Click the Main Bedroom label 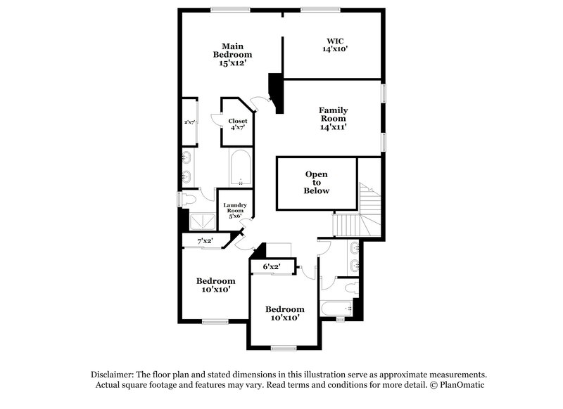click(x=233, y=54)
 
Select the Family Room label click(x=333, y=118)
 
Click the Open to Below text click(x=317, y=183)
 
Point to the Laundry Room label click(x=234, y=209)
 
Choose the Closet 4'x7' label click(x=237, y=124)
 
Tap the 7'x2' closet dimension click(x=205, y=241)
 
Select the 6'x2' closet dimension click(x=272, y=266)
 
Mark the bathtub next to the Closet click(x=240, y=167)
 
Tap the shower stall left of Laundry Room click(x=202, y=219)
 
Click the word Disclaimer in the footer click(x=115, y=375)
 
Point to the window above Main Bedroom click(x=230, y=9)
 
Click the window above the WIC click(x=321, y=9)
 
